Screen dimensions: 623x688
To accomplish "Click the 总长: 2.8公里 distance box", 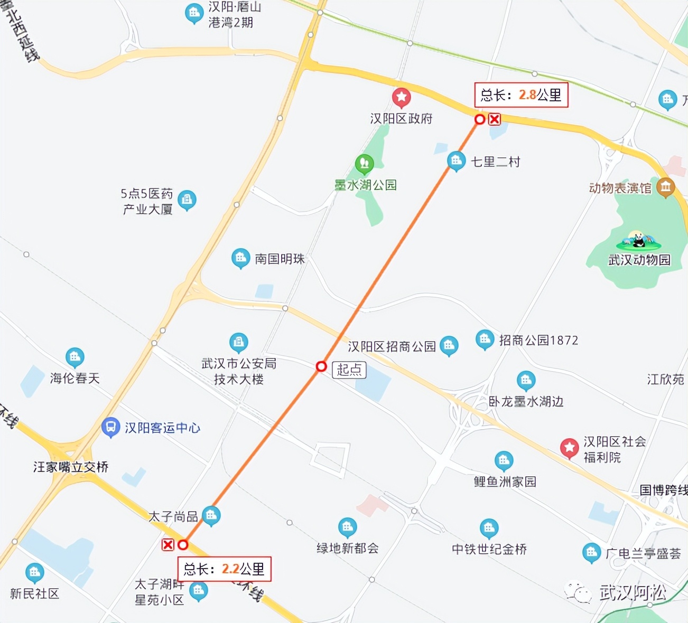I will tap(521, 95).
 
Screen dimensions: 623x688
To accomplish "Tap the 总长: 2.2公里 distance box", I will tap(224, 569).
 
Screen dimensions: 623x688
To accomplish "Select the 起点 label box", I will tap(349, 369).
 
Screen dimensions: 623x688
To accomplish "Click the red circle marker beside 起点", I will tap(321, 366).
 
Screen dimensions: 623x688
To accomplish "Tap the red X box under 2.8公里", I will tap(494, 119).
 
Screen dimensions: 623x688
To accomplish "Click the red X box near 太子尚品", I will tap(168, 544).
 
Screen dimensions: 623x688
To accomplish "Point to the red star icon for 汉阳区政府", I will tap(402, 97).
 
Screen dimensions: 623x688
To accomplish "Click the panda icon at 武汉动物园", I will tap(639, 241).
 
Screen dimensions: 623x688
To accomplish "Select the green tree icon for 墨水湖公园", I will tap(364, 164).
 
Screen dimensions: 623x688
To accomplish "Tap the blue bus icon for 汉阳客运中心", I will tap(110, 427).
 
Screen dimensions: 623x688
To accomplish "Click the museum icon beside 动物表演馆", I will tap(666, 187).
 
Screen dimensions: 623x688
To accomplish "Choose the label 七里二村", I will tap(496, 162).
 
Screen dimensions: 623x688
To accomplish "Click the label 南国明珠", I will tap(280, 259).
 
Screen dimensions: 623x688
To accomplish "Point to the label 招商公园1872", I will tap(538, 340).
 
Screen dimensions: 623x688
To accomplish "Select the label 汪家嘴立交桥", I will tap(71, 467).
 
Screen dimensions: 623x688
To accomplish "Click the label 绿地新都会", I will tap(348, 548).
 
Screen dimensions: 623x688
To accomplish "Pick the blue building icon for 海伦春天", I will tap(75, 357).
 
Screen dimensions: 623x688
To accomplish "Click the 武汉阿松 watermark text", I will tap(632, 592).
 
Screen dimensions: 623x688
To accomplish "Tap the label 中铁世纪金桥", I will tap(489, 549).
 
